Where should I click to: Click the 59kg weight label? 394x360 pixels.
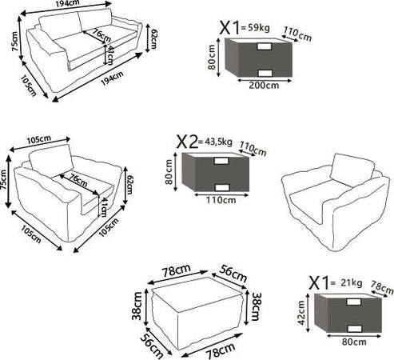pos(259,28)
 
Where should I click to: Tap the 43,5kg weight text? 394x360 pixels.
pos(218,142)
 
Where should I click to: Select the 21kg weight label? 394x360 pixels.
pos(352,282)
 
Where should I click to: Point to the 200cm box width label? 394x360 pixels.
pos(264,86)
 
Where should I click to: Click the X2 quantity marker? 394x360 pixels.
pos(187,142)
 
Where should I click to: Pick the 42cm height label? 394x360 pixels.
pos(301,313)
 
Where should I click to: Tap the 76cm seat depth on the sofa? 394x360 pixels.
pos(101,34)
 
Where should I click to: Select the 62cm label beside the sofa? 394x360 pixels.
pos(154,39)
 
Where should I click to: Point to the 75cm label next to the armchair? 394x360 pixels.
pos(2,180)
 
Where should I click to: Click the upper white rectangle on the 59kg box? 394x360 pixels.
pos(265,46)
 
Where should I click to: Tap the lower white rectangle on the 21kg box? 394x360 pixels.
pos(354,329)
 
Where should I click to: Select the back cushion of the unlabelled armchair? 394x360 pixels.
pos(352,169)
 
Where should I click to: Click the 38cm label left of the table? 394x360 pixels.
pos(137,306)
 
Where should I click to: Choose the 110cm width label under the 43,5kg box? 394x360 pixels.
pos(221,200)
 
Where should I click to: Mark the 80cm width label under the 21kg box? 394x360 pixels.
pos(354,342)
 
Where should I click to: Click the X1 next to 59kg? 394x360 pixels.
pos(229,27)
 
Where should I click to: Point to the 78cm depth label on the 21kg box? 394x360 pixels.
pos(382,287)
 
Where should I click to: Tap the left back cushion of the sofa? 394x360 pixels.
pos(61,26)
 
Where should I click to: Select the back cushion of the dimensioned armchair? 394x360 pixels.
pos(51,161)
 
